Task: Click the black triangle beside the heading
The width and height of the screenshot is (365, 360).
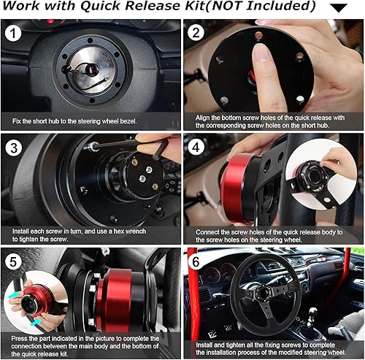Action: (x=338, y=8)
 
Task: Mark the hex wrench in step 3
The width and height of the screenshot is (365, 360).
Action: (x=153, y=151)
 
